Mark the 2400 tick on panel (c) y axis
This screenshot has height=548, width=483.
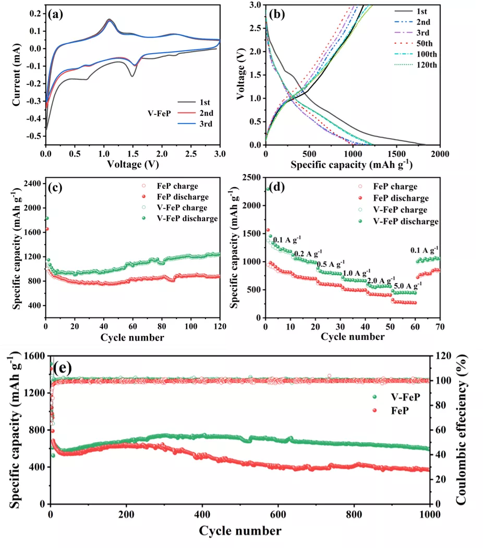click(32, 184)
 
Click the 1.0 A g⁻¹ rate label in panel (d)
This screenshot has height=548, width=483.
click(356, 272)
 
